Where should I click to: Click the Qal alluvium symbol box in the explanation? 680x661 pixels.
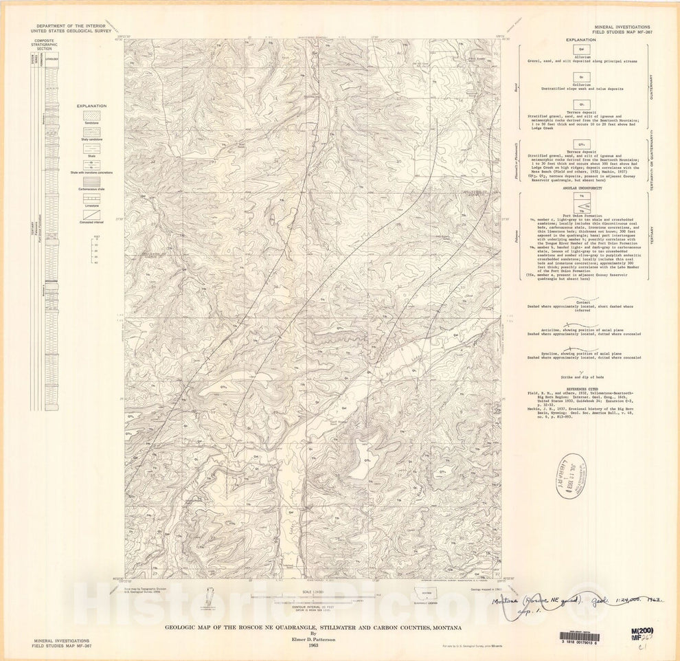[x=581, y=50]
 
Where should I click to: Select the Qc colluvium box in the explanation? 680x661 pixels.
[x=581, y=76]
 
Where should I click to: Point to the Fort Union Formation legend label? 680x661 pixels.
[x=581, y=215]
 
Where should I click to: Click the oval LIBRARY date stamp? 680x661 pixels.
[x=572, y=474]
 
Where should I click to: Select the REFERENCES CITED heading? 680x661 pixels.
[x=581, y=389]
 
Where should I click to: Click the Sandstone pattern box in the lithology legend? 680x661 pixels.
[x=91, y=115]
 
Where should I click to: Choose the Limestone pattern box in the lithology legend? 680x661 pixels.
[x=91, y=199]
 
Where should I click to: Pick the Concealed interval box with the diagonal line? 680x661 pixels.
[x=91, y=214]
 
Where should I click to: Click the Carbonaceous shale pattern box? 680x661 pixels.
[x=91, y=181]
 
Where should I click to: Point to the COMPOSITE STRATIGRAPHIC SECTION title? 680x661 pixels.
[x=44, y=45]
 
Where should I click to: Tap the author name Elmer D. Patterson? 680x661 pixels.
[x=313, y=636]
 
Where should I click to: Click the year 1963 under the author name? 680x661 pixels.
[x=313, y=643]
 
